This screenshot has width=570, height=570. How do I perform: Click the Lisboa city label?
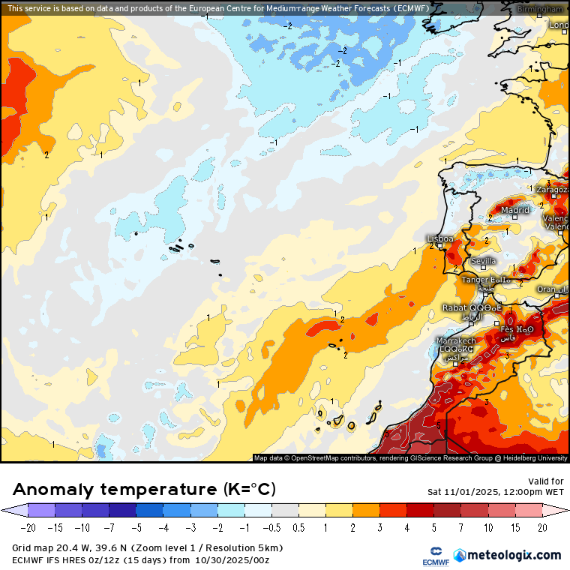point(439,238)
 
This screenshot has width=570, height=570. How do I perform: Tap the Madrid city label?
point(515,211)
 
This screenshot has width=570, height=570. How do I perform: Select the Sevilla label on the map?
point(484,261)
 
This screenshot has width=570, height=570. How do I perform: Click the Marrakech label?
point(456,340)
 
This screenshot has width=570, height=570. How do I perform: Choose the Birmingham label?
point(539,8)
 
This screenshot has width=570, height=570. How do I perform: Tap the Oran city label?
point(547,289)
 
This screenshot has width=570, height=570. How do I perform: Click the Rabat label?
point(454,307)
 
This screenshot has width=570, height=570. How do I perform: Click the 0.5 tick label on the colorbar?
point(298,528)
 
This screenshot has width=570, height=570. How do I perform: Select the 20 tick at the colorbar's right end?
point(542,528)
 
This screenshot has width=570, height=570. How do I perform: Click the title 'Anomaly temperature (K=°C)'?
point(145,490)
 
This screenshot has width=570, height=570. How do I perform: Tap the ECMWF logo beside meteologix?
point(435,556)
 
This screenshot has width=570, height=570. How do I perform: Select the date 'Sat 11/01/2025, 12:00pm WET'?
point(496,492)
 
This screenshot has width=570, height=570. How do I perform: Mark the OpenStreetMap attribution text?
point(410,457)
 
